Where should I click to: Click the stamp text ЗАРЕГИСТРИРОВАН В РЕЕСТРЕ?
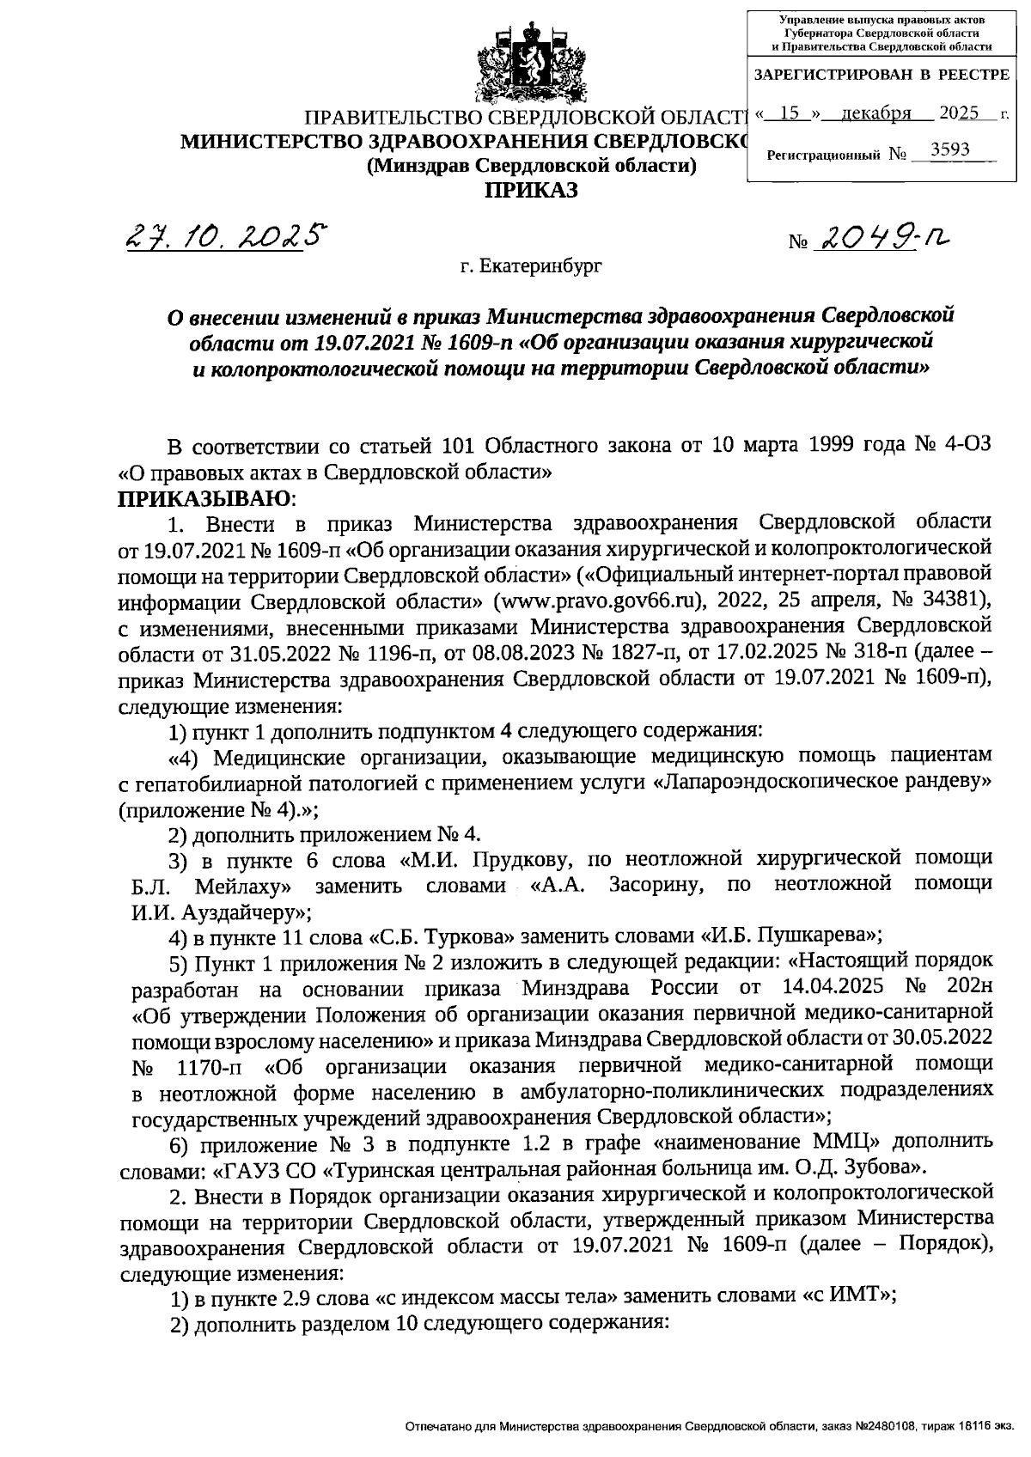click(x=882, y=75)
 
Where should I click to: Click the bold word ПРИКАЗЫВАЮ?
click(x=204, y=498)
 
